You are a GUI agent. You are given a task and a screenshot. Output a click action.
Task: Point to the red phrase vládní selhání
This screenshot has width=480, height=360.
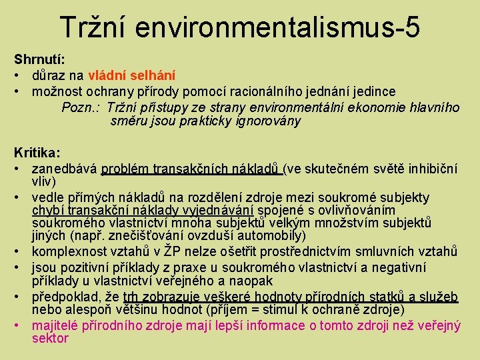(x=131, y=75)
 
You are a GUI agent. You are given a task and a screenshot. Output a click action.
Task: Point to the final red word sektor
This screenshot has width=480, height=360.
(x=50, y=339)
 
